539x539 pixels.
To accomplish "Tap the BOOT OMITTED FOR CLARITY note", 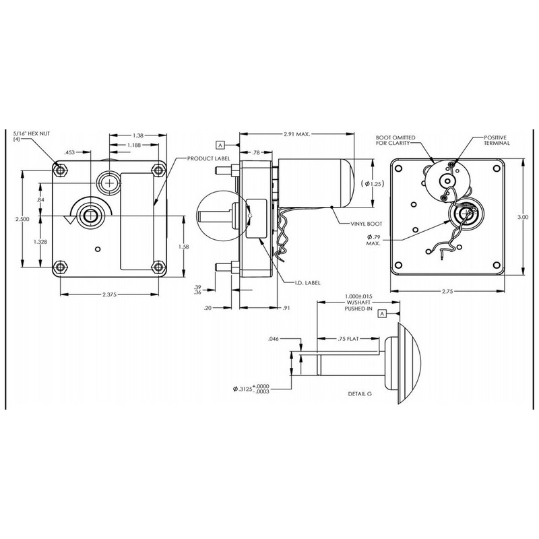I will [x=398, y=141].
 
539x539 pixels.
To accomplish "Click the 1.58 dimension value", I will [x=182, y=247].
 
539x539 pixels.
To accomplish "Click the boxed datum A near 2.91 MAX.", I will [x=220, y=144].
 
